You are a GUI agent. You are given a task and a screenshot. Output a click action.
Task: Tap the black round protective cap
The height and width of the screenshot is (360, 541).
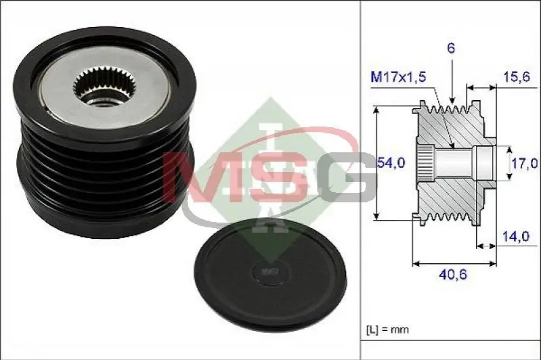point(269,273)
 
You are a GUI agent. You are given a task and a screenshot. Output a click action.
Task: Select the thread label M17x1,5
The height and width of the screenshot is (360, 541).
point(398,77)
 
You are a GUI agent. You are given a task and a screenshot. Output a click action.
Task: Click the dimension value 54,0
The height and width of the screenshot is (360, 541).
point(391,162)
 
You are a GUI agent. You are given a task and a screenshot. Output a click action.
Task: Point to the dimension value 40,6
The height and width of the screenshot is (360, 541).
point(453,275)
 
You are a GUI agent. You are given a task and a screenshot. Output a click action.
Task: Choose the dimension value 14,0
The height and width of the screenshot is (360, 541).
point(515,236)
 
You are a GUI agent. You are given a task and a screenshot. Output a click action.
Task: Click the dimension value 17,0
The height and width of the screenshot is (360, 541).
point(524,163)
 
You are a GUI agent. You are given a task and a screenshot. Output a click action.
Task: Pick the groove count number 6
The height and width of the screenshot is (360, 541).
point(451,48)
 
